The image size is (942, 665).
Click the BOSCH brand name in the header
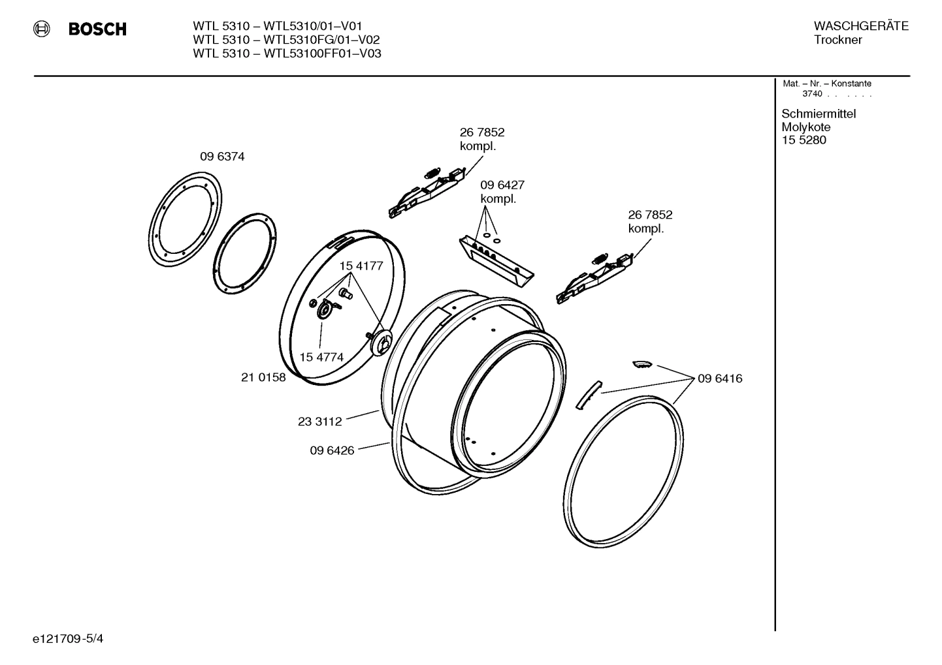click(97, 29)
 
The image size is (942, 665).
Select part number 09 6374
click(222, 157)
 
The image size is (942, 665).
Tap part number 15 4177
click(361, 266)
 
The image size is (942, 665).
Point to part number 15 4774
click(321, 357)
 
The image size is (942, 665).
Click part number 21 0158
click(263, 377)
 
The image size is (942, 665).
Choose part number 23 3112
click(319, 422)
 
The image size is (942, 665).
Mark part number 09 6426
click(332, 450)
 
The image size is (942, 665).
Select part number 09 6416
click(720, 379)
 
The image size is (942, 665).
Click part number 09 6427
click(502, 185)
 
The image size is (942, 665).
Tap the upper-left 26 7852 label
click(482, 132)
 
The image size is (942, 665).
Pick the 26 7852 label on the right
click(650, 215)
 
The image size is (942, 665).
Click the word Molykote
click(805, 127)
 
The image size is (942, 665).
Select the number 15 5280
click(804, 140)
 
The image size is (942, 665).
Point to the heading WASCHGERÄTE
click(861, 26)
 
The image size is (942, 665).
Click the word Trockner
click(837, 40)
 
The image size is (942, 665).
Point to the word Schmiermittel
click(819, 114)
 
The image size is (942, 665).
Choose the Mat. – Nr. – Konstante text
click(826, 84)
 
